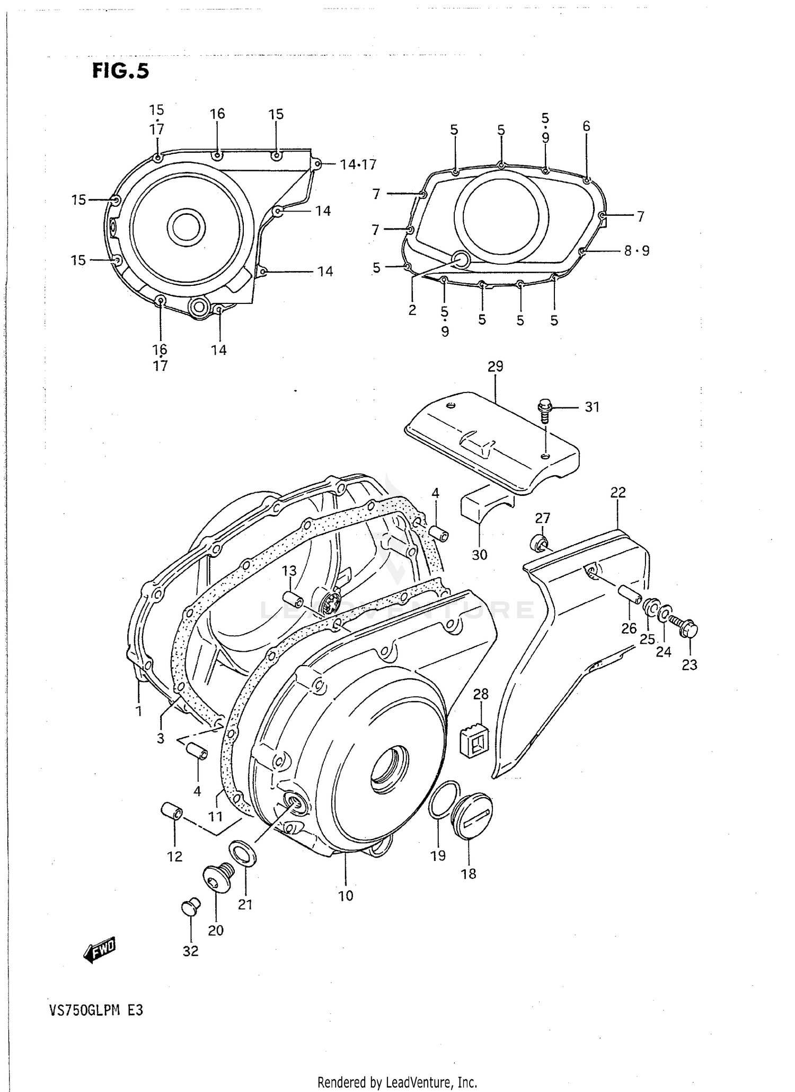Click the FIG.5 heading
tap(120, 71)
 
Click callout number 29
tap(495, 366)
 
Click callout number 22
tap(618, 493)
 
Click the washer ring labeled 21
tap(243, 853)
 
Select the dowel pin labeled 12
tap(172, 811)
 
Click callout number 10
tap(346, 896)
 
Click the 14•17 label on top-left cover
tap(358, 164)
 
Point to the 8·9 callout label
tap(637, 251)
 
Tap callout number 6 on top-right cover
tap(586, 126)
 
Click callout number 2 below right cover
tap(412, 310)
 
